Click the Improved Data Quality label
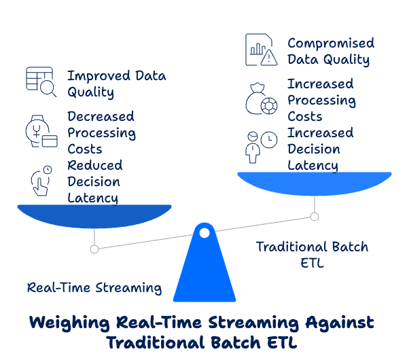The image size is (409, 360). [x=116, y=84]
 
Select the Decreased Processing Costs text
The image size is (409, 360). [x=101, y=132]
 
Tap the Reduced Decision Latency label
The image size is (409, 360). [x=94, y=181]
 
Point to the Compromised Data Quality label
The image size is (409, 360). [x=330, y=52]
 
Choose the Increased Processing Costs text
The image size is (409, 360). [x=321, y=100]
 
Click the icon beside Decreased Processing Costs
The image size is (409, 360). [x=40, y=131]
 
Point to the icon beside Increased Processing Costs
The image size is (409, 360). [x=262, y=99]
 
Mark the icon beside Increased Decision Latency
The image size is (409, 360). [x=262, y=146]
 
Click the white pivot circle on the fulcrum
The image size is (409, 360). [x=204, y=233]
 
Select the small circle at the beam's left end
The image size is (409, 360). [x=94, y=249]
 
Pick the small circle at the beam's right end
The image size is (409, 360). [x=315, y=217]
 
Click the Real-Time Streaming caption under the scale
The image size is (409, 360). [x=94, y=287]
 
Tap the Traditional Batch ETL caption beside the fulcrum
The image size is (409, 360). [x=312, y=254]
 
